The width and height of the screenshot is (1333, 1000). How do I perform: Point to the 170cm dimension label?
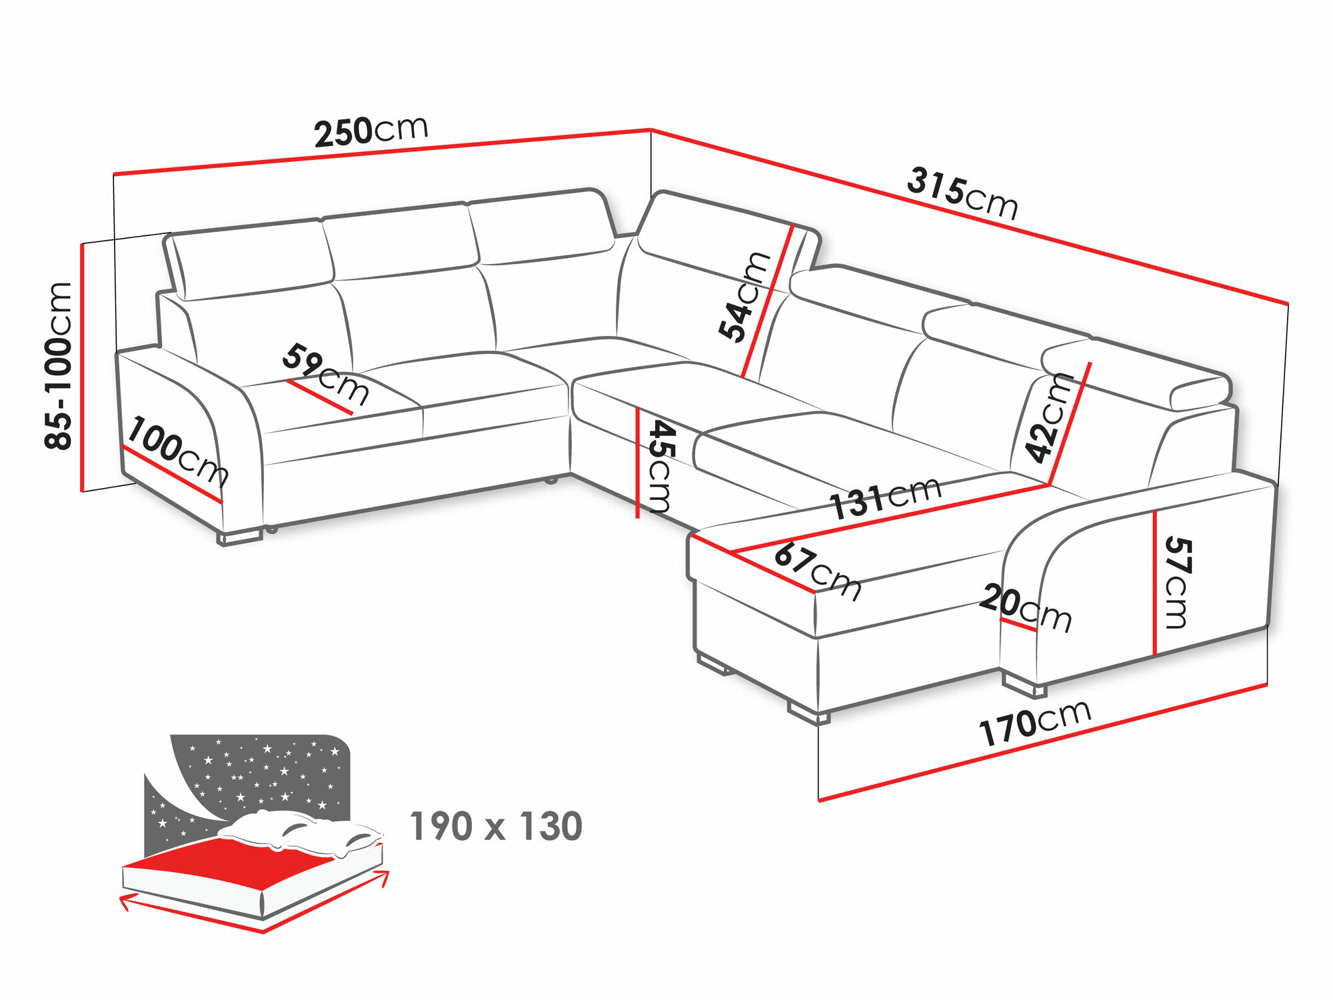(1034, 723)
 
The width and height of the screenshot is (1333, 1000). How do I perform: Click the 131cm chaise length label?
(885, 497)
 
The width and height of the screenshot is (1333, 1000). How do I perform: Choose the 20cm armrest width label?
(1025, 607)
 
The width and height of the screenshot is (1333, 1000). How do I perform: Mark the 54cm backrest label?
(744, 297)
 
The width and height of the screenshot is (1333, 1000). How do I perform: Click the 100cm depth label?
(177, 450)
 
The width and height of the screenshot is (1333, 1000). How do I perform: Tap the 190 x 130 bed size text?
(496, 827)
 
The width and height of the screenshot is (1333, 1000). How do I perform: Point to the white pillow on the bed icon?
(300, 830)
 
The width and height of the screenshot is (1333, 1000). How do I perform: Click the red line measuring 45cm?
(638, 463)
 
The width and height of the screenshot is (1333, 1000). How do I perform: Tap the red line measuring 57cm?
(1154, 583)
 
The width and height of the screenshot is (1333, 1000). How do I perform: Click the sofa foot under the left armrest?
(239, 537)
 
